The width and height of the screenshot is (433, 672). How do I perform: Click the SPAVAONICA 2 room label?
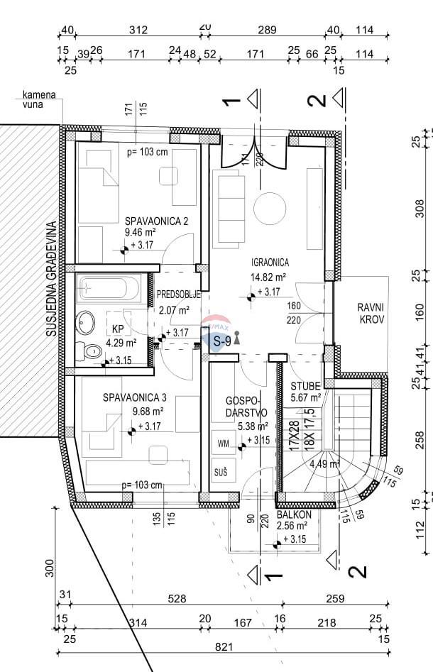pos(156,221)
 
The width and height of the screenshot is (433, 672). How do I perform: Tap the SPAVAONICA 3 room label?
pos(134,397)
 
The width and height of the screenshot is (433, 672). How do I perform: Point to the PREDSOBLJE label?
pos(179,294)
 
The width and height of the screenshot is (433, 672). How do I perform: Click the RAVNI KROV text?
pos(371,314)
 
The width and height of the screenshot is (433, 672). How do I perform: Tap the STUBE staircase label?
pos(306,386)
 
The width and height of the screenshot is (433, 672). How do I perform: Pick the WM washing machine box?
pos(224,444)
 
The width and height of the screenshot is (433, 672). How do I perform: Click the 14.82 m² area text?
pos(268,277)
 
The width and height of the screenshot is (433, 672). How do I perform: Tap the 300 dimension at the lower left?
pos(49,567)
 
